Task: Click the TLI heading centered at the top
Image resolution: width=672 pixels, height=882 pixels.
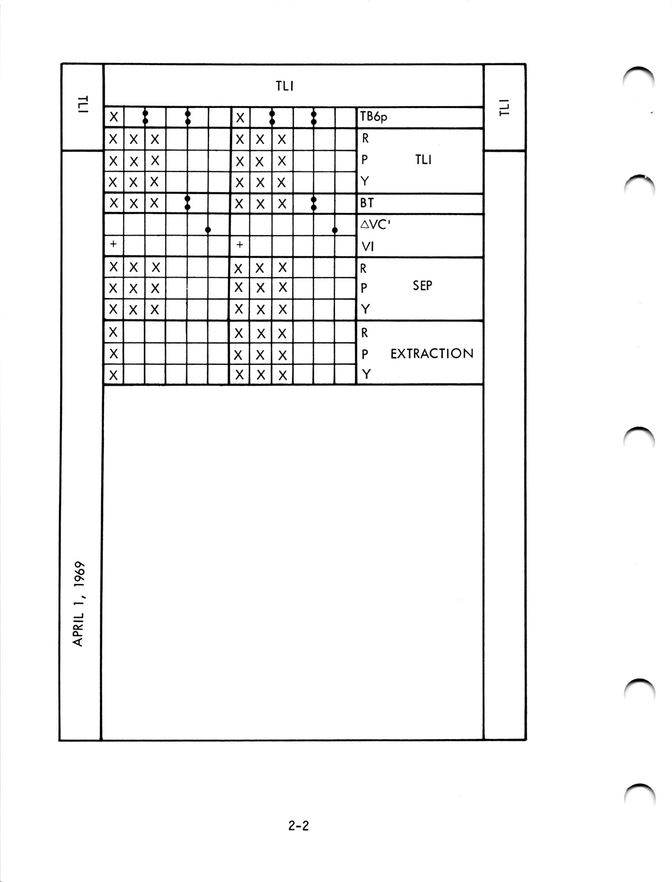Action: pos(285,86)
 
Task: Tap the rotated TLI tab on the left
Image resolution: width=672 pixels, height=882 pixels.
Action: pos(82,105)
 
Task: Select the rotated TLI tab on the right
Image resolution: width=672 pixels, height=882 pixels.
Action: pos(504,107)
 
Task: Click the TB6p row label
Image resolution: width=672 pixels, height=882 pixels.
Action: pos(374,118)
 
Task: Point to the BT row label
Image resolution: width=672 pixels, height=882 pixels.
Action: pos(367,203)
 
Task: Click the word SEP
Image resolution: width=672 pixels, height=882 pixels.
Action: pos(422,286)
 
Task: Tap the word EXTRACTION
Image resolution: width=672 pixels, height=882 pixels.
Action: pos(432,354)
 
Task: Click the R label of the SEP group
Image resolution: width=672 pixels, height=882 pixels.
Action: pos(364,269)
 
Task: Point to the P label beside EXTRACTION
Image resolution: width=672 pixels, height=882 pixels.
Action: pos(365,354)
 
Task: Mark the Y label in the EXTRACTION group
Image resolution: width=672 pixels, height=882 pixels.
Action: pos(366,374)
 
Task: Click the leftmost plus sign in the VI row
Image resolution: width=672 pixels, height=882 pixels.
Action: pos(113,245)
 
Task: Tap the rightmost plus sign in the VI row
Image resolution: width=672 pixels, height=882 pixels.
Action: pos(240,245)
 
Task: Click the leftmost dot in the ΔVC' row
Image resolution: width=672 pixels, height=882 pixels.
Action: pos(208,229)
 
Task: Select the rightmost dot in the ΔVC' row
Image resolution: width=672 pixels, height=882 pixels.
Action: pos(335,229)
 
